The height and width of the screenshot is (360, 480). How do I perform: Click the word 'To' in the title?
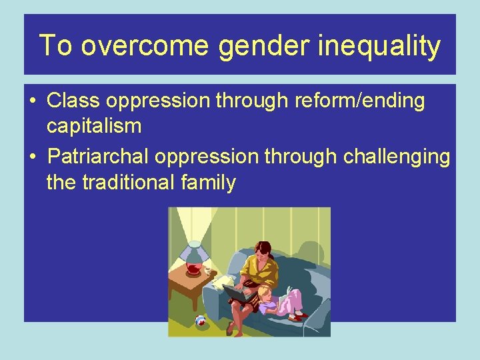click(x=55, y=45)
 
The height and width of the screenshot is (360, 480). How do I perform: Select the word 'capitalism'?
click(x=93, y=125)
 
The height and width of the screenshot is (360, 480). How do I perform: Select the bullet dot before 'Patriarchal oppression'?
click(x=32, y=156)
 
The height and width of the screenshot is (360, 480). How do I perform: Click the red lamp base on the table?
click(x=194, y=270)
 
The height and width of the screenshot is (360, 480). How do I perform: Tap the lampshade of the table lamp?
click(x=193, y=253)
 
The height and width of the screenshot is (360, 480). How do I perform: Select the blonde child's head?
click(x=265, y=293)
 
